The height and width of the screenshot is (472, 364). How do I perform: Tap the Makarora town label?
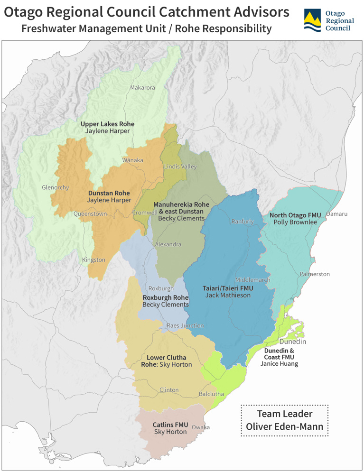coord(142,88)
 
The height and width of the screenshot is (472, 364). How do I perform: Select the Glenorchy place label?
coord(55,187)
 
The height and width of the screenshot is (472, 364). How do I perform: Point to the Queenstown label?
coord(90,214)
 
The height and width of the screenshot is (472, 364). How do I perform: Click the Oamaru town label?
coord(336,214)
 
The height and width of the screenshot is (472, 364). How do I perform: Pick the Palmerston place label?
coord(315,274)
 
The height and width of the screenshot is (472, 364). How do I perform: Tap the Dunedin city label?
coord(292,342)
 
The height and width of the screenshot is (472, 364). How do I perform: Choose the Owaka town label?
coord(201,427)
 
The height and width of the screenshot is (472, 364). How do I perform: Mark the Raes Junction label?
coord(185,325)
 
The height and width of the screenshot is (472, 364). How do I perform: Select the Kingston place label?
coord(93,260)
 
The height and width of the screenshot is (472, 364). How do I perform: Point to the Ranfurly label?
coord(243,222)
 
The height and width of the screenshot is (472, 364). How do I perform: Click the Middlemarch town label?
coord(252,280)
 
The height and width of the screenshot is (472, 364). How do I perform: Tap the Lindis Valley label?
coord(180,167)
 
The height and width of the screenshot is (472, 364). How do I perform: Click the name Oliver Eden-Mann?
coord(284,426)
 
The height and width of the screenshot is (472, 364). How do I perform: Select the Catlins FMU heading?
coord(170,425)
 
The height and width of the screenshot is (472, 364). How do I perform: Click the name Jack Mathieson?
coord(228,295)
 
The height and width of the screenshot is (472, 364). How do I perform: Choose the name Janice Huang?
coord(279,364)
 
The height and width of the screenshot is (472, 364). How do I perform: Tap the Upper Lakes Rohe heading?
coord(107,124)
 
